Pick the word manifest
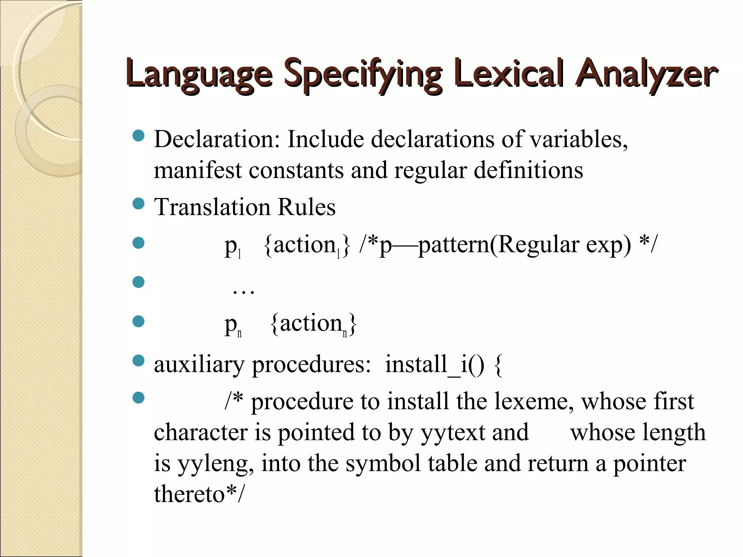197,170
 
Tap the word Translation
212,207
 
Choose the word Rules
307,207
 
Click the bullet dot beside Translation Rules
139,203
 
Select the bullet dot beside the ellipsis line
139,282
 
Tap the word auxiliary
199,364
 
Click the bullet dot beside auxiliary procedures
139,360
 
